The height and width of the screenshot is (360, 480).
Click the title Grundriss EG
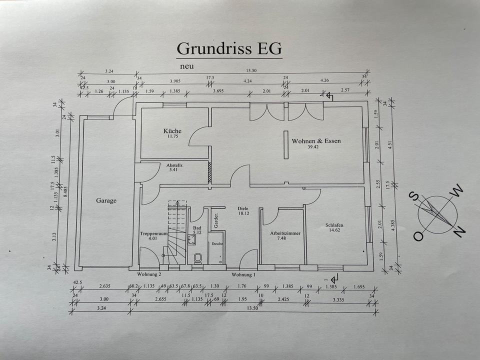[x=229, y=49]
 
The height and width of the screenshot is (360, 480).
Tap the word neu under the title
[x=187, y=65]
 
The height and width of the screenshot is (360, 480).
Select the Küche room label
[x=172, y=131]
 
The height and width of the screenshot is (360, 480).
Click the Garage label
[x=106, y=200]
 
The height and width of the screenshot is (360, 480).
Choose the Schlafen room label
[x=334, y=225]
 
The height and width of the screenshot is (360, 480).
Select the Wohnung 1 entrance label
[x=243, y=274]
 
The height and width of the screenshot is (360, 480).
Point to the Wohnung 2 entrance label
[x=149, y=274]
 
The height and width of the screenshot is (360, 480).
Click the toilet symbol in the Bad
[x=197, y=258]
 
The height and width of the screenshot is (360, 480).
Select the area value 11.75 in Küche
[x=172, y=137]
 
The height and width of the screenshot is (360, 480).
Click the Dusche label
[x=216, y=244]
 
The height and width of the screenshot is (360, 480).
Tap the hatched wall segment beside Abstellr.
[x=210, y=172]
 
